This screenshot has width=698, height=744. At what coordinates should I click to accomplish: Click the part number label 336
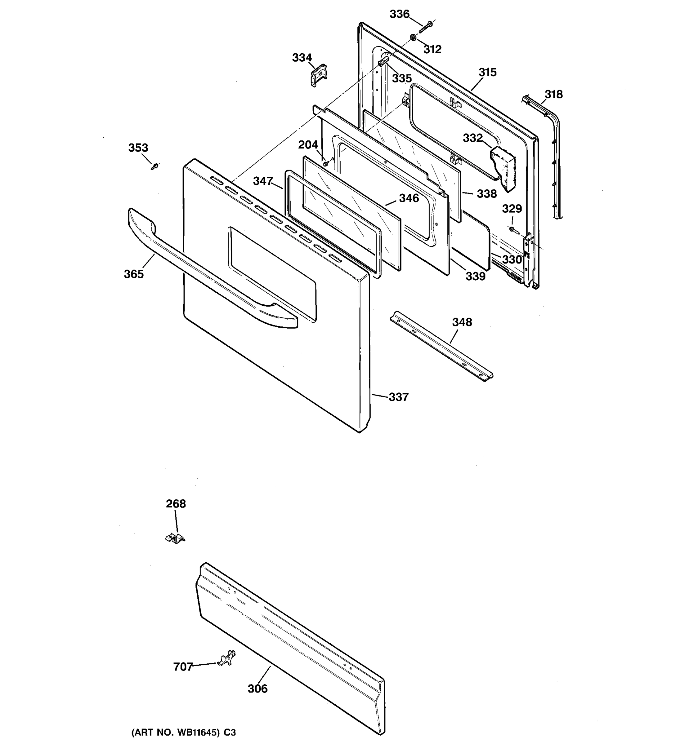pos(399,14)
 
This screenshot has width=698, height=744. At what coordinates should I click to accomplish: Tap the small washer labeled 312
pos(413,38)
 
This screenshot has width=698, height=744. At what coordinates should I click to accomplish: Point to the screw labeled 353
pos(154,166)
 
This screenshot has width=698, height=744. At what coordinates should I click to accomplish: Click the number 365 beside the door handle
pos(134,274)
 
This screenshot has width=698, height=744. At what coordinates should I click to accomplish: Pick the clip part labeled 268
pos(175,538)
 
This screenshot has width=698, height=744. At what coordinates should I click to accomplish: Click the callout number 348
pos(462,322)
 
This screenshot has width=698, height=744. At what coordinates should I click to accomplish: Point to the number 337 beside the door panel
pos(398,397)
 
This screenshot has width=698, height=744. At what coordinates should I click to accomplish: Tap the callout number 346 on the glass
pos(409,198)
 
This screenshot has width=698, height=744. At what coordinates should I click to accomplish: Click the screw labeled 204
pos(326,163)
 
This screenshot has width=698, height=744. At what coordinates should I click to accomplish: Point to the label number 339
pos(475,276)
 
